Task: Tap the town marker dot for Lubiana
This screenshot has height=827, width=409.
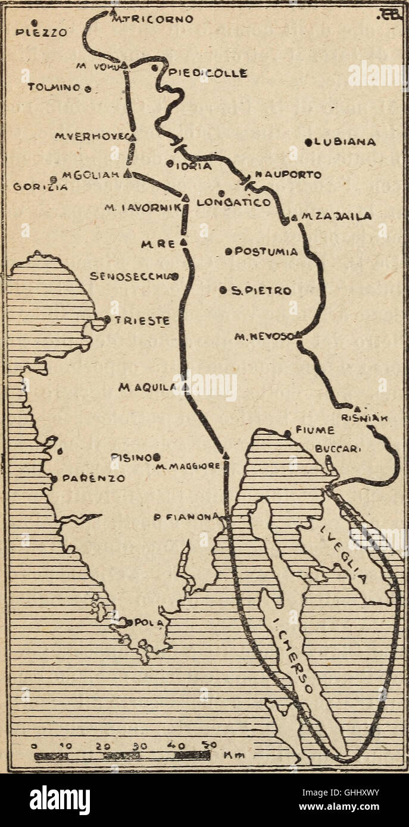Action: [309, 142]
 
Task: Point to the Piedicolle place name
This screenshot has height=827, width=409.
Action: [208, 74]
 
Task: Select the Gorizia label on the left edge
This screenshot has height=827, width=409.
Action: [33, 186]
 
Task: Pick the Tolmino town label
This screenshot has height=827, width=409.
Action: [54, 87]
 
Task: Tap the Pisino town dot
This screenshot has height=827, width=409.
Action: [157, 457]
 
